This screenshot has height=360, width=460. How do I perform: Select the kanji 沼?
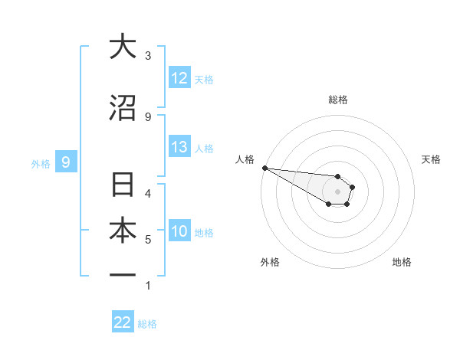122,109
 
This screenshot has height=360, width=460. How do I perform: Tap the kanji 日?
122,186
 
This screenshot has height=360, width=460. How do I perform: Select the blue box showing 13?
179,147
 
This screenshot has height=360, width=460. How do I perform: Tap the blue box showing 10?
179,231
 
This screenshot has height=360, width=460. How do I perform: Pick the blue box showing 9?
66,162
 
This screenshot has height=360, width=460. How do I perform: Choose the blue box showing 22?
123,322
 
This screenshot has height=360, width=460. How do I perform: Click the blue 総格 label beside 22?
147,324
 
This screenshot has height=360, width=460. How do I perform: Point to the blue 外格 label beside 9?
41,163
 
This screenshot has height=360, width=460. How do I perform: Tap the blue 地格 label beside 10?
204,232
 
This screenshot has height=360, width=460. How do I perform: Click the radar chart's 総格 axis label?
337,100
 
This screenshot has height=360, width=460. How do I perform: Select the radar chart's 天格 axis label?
431,159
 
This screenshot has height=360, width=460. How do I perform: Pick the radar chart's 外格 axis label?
270,262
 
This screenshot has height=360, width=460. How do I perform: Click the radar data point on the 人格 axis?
264,168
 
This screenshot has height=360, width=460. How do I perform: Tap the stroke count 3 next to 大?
148,55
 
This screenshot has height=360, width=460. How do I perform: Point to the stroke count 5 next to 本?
148,240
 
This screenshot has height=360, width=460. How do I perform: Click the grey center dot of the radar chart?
337,191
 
